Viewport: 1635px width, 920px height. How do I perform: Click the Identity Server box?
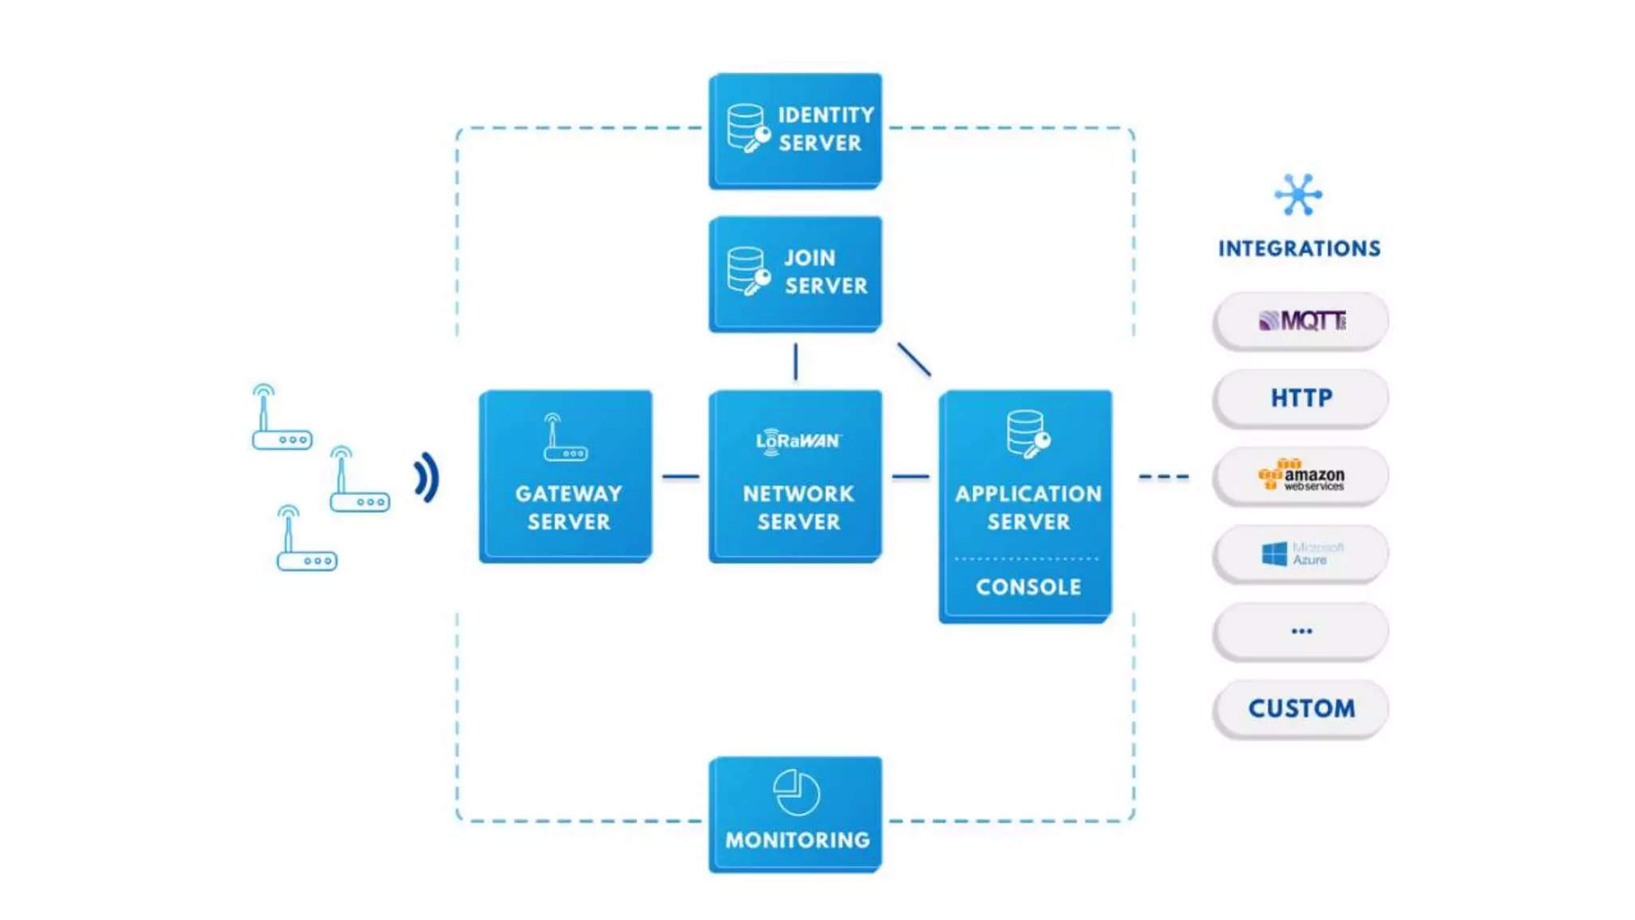(795, 130)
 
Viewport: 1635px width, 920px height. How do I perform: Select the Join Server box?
(795, 273)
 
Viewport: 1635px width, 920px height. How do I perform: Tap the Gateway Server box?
(565, 476)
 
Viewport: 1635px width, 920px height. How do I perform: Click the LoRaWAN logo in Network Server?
(798, 441)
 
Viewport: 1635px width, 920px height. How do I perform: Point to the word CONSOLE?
(1027, 587)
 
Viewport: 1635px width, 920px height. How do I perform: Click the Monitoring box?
(795, 814)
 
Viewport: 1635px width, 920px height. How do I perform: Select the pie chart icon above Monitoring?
(796, 792)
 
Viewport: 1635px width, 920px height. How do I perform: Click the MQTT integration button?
(1300, 320)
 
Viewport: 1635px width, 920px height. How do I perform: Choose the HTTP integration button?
(1300, 398)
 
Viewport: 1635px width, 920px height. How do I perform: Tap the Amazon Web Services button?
(1300, 476)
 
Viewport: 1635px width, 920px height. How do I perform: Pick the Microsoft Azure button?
(1300, 553)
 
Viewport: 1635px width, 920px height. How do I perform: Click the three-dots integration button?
(1300, 631)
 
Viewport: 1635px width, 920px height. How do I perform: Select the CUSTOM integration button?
(1300, 708)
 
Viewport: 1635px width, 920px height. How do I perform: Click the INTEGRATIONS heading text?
(1299, 248)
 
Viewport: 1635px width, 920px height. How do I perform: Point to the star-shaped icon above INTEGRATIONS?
(1298, 195)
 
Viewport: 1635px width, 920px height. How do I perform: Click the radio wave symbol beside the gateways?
(427, 478)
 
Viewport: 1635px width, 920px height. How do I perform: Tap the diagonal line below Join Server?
(914, 359)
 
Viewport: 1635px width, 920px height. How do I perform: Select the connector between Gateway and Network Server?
(681, 477)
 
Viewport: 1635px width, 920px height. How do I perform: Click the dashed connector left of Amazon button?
(1163, 477)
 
